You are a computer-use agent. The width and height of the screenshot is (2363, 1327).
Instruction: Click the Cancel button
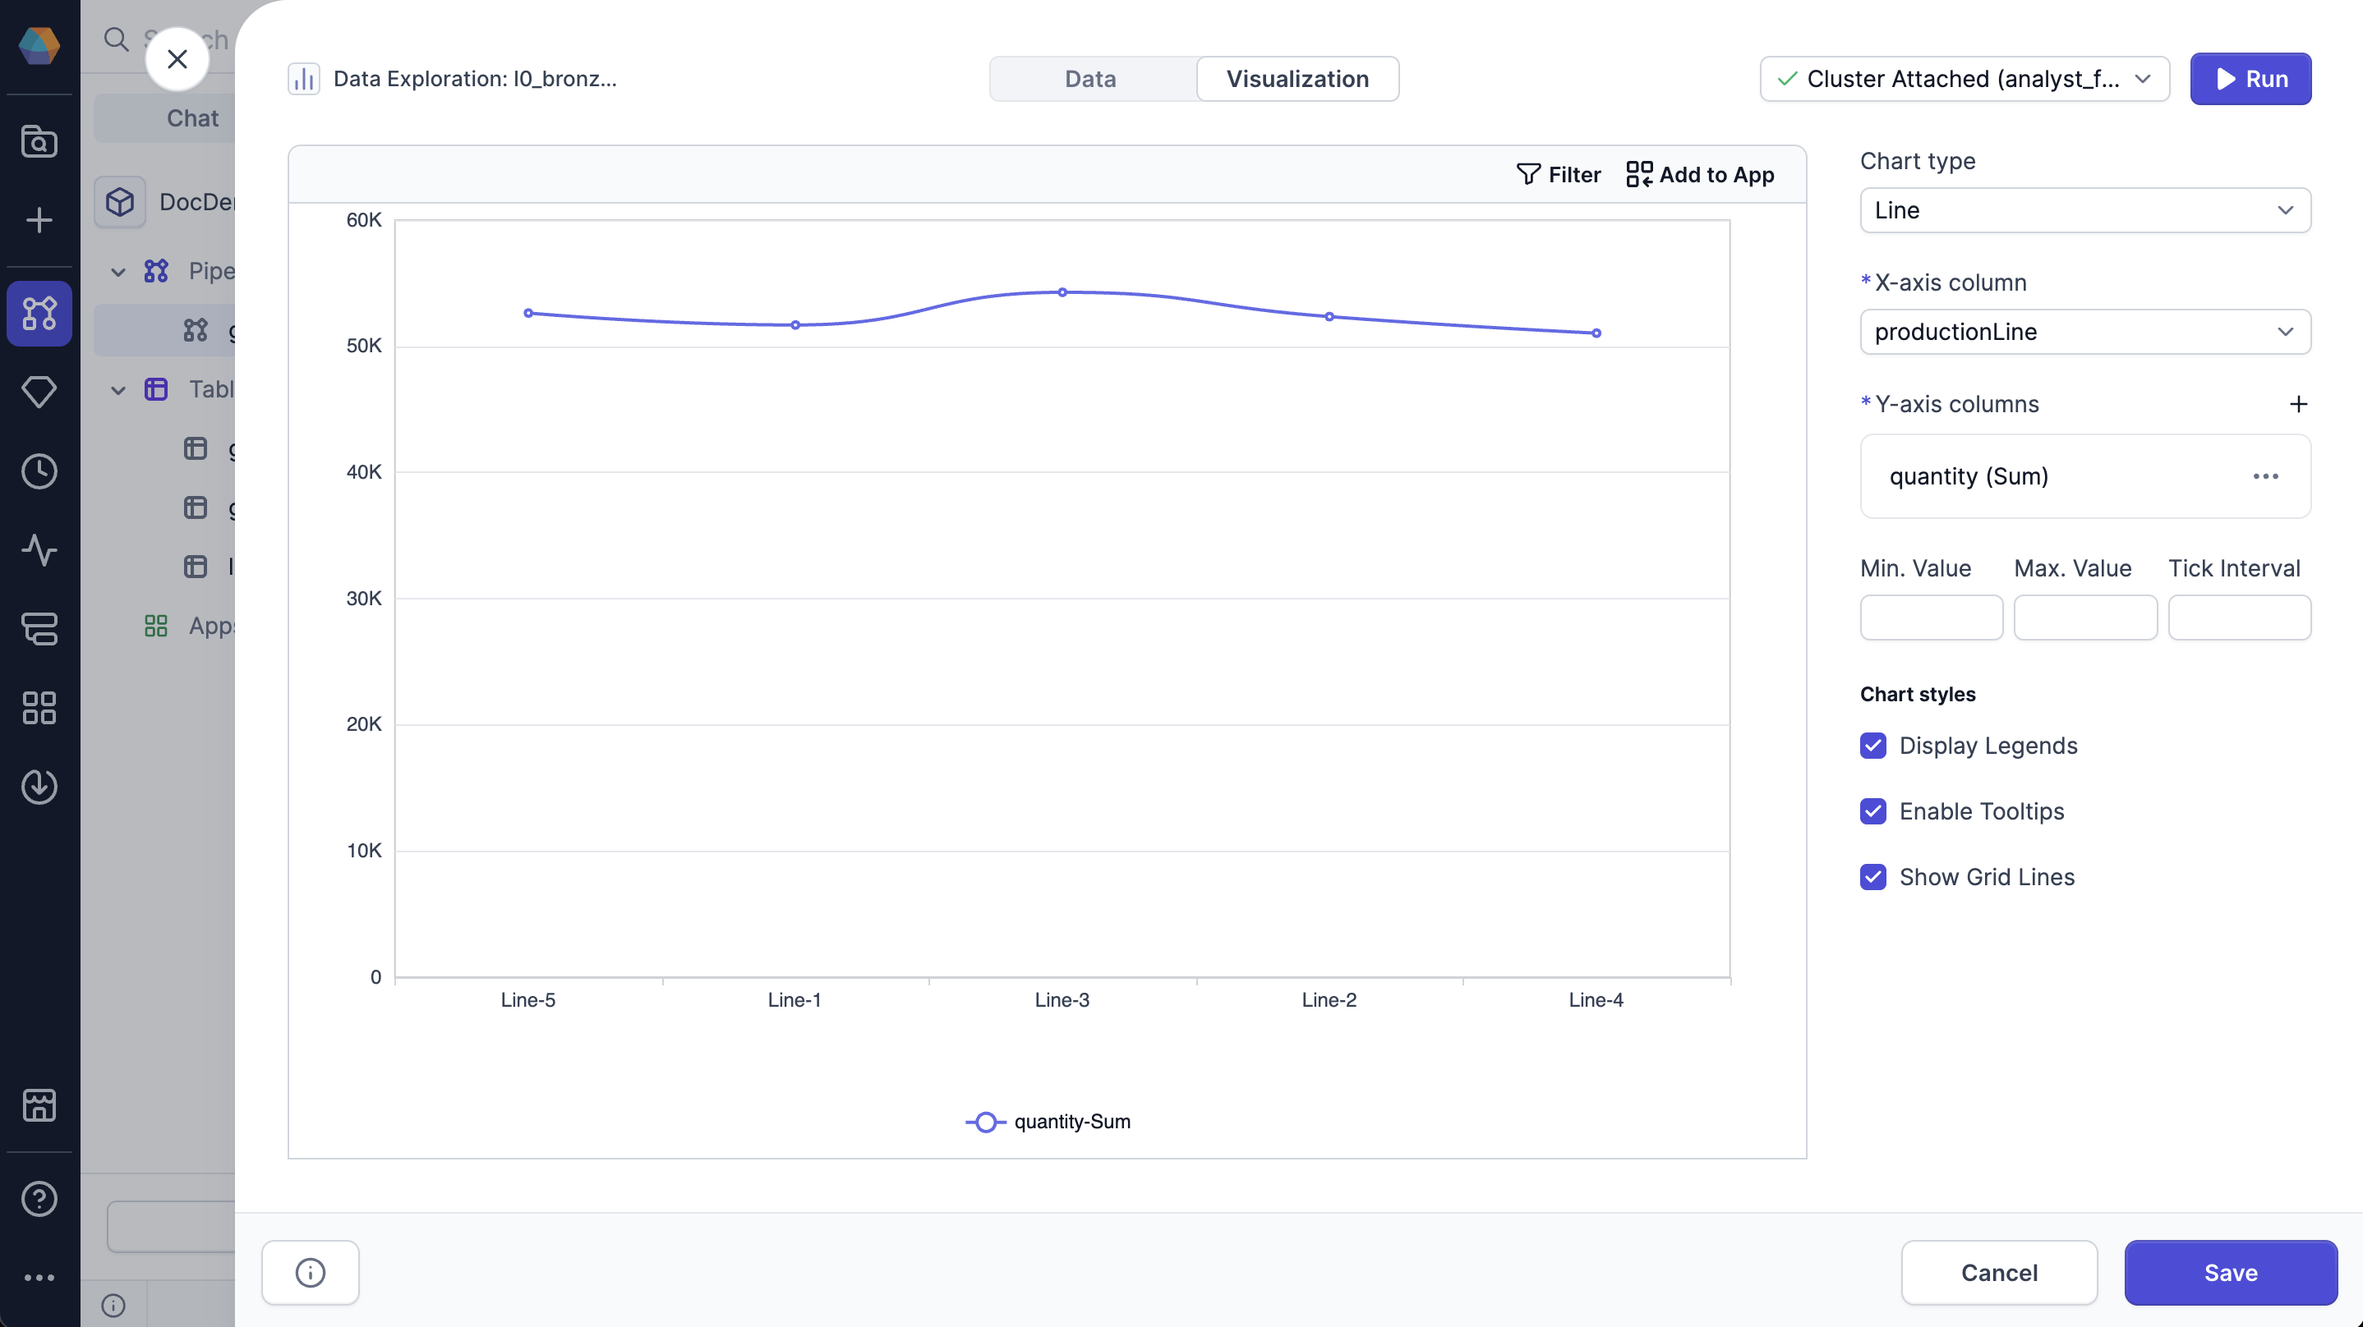1998,1272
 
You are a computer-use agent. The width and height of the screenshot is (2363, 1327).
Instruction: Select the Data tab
1090,79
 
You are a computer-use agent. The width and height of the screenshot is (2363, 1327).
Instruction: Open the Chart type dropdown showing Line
2084,210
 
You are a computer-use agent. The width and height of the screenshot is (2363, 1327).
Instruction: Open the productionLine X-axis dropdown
2084,332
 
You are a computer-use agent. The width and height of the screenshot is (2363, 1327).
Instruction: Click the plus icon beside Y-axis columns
2298,405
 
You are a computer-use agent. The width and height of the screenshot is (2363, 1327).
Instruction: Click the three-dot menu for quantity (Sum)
2265,476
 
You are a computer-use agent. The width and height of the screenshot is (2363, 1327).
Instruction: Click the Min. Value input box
1931,618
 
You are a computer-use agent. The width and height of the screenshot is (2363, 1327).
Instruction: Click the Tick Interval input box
2238,618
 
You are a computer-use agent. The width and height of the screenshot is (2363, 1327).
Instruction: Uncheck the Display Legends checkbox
1873,746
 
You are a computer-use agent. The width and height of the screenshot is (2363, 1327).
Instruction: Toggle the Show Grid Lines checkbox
1873,877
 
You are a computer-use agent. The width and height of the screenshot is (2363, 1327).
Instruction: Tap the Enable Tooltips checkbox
1873,811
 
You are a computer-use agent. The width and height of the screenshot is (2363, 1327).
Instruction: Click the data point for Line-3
1062,292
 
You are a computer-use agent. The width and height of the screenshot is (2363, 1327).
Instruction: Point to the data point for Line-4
1596,333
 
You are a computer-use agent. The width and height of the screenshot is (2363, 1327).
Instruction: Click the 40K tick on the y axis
363,472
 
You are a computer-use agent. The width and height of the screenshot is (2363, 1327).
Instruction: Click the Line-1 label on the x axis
795,999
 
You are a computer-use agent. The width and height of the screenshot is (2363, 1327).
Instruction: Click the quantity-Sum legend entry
1048,1122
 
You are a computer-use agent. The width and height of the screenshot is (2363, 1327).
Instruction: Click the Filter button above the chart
1558,174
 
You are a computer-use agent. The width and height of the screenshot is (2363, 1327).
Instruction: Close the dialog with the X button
177,58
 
